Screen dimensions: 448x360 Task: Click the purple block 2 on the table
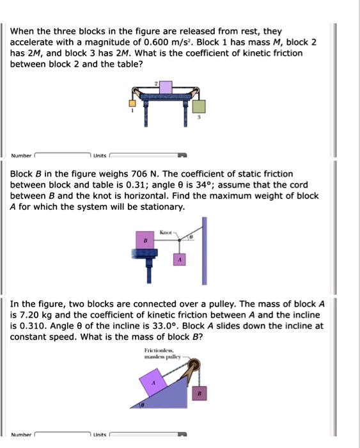[166, 87]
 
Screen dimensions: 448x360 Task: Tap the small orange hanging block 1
[133, 102]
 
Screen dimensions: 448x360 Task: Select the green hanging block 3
[200, 106]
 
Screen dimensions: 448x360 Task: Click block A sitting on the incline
[153, 385]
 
